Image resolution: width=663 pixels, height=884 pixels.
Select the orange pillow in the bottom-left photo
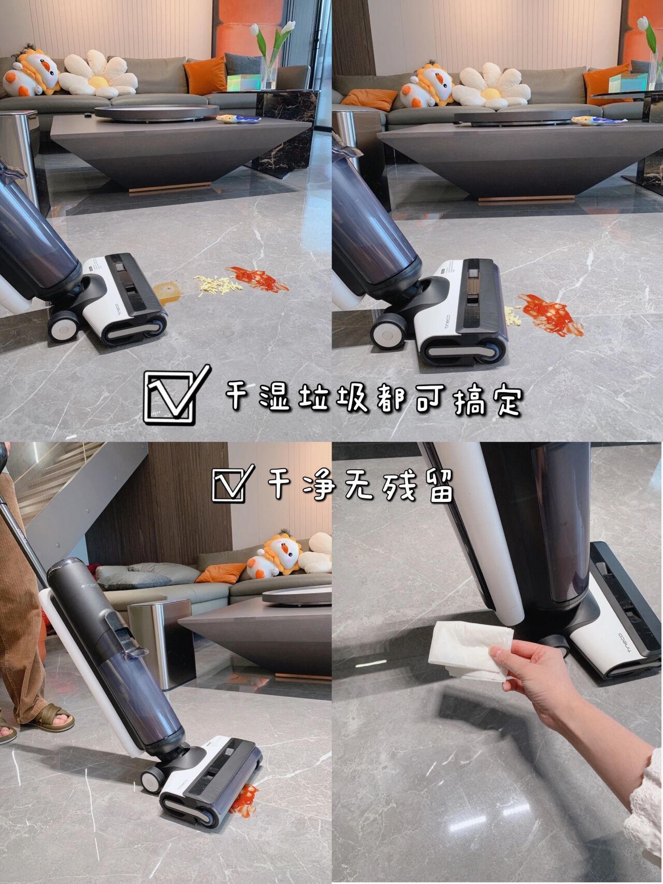click(x=220, y=573)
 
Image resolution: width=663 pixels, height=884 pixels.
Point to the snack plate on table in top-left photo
click(x=232, y=119)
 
